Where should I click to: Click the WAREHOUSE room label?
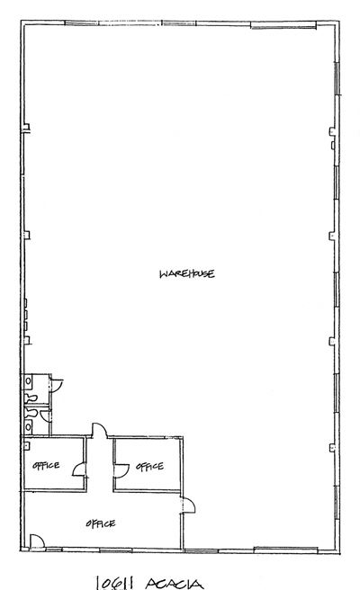click(x=187, y=273)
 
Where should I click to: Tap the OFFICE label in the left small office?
click(x=46, y=466)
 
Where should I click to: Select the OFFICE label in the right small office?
click(x=150, y=467)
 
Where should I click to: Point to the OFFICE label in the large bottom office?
click(x=101, y=523)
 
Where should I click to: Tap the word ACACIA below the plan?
click(x=174, y=584)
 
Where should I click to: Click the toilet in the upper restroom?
click(x=31, y=397)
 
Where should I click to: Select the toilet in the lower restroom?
click(x=31, y=413)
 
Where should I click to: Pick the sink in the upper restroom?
click(x=28, y=382)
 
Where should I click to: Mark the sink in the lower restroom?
click(x=28, y=427)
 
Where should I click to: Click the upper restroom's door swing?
click(x=57, y=385)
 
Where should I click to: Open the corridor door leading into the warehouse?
click(x=99, y=430)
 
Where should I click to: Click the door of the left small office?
click(x=79, y=469)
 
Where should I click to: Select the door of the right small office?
click(x=121, y=471)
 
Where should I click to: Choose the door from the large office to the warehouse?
click(x=189, y=505)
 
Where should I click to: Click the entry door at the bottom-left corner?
click(x=37, y=541)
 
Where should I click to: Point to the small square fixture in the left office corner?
click(x=26, y=446)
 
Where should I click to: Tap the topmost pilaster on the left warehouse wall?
click(x=26, y=129)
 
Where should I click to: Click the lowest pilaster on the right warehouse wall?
click(x=332, y=448)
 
